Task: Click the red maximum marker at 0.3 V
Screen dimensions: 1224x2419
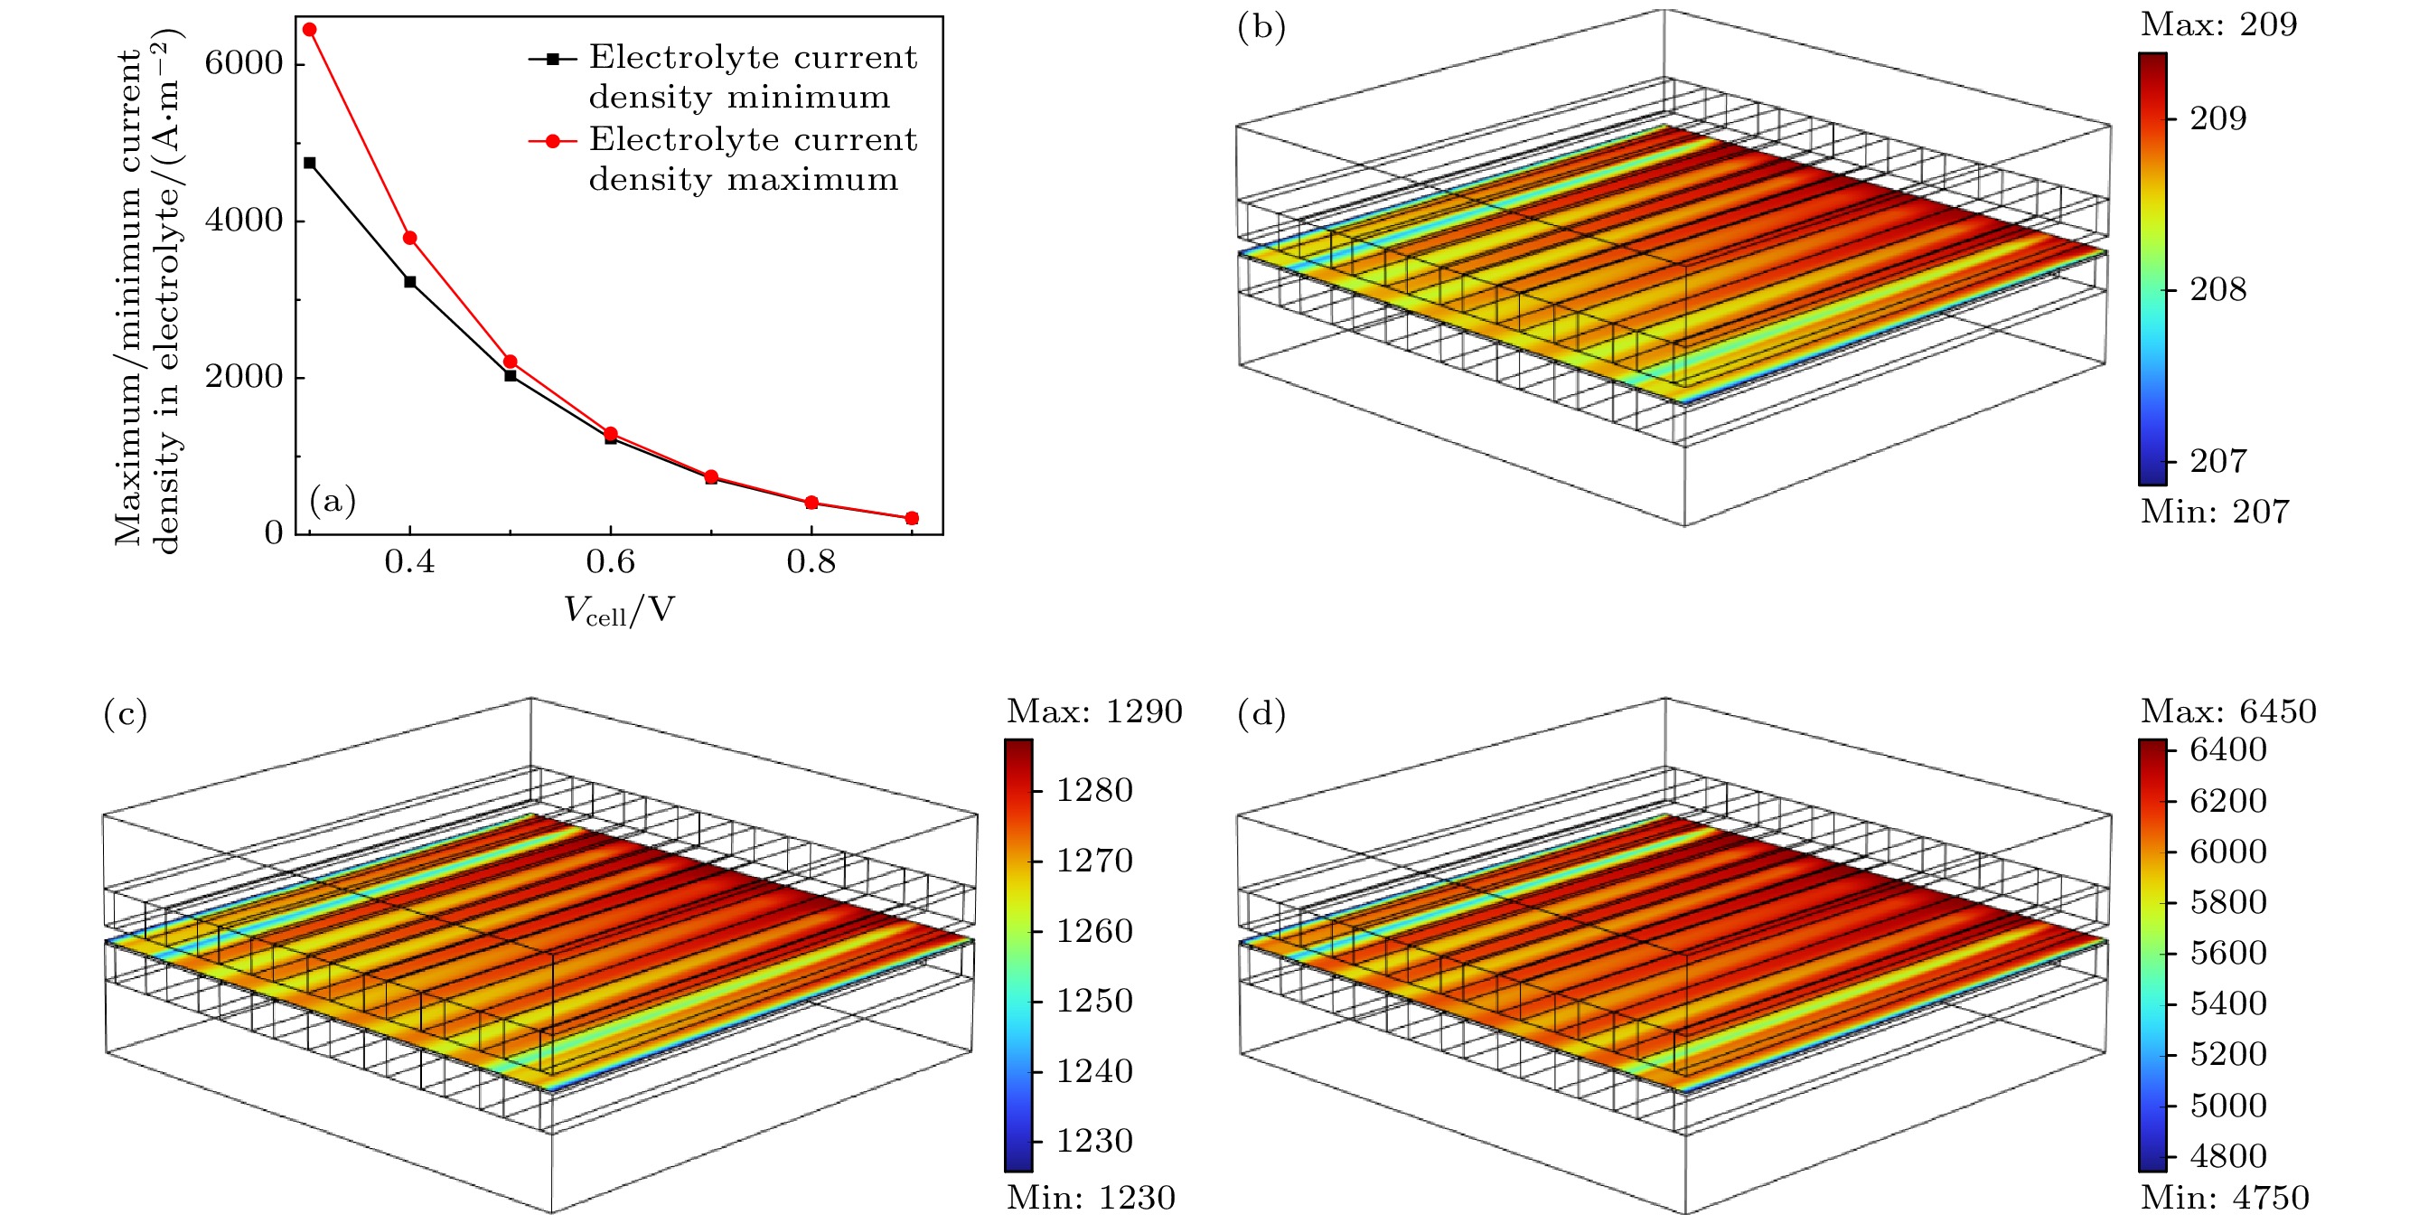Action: (309, 30)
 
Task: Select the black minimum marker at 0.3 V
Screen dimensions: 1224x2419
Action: (309, 164)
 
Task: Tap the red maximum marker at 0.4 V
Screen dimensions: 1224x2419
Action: (409, 238)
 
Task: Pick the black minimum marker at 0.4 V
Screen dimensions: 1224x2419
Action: (409, 282)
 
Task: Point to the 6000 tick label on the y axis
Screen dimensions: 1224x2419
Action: (243, 63)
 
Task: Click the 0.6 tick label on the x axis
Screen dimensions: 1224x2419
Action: (610, 561)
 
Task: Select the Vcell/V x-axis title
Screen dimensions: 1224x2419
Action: (619, 611)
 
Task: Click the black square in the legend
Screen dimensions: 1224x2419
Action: (553, 59)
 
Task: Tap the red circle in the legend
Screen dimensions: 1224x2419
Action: (553, 141)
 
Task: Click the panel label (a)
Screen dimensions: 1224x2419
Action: (333, 501)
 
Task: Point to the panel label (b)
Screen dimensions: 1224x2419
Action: (1261, 27)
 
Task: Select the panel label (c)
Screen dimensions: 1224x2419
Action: (125, 715)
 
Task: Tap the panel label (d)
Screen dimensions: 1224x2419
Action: (1261, 715)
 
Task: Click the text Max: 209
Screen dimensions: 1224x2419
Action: (2218, 24)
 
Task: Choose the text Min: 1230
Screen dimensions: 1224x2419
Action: (1091, 1198)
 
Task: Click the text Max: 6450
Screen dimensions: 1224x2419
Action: (2227, 711)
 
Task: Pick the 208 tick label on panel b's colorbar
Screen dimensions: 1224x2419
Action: (2218, 289)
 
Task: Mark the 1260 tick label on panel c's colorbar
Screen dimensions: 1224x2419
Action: (1094, 931)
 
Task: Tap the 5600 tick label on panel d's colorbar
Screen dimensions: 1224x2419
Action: (2227, 954)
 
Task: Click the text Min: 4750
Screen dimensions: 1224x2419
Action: (2224, 1198)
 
